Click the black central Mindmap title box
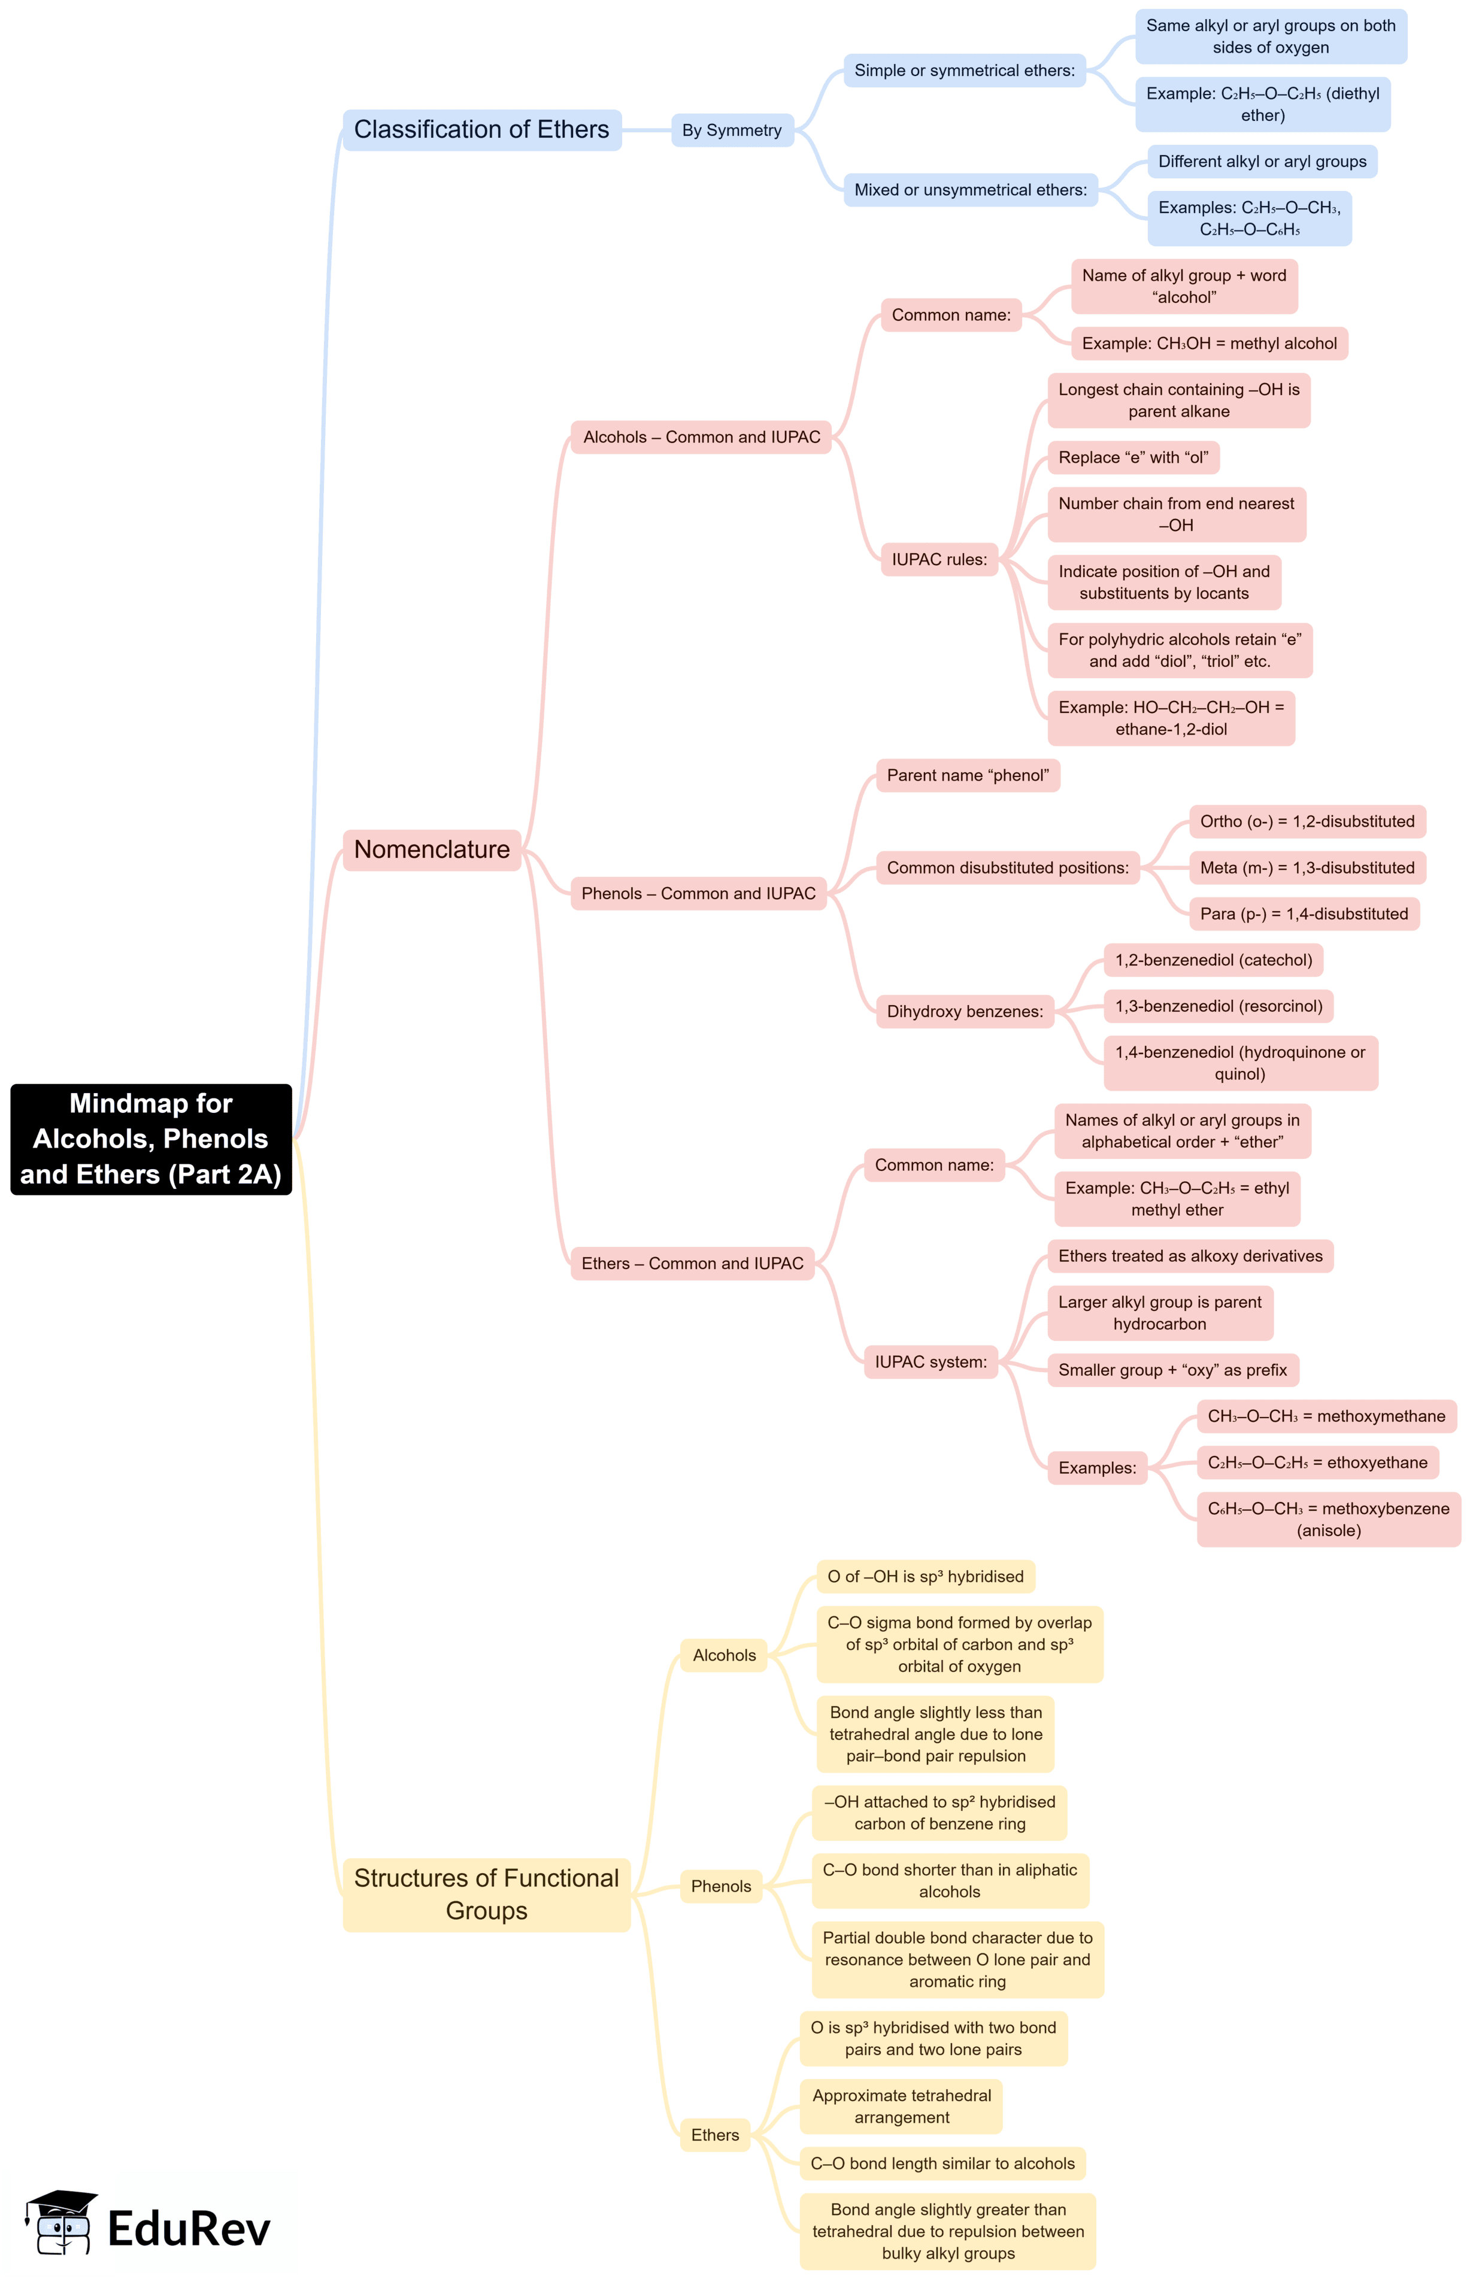coord(151,1139)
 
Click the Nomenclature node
coord(432,849)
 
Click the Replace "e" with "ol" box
coord(1132,457)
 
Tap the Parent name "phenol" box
coord(967,775)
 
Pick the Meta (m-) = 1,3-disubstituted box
coord(1306,867)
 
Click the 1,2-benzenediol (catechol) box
coord(1213,960)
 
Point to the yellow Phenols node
coord(721,1887)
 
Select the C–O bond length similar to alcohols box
coord(941,2163)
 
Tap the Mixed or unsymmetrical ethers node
coord(970,190)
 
